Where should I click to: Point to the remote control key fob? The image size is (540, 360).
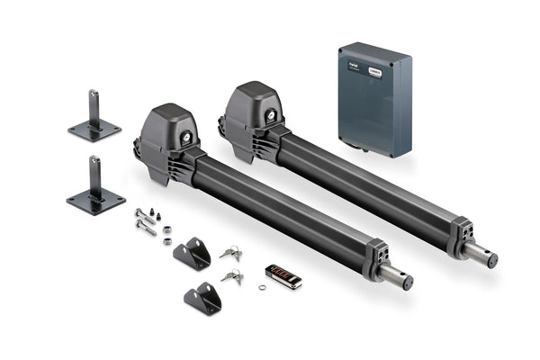coord(283,275)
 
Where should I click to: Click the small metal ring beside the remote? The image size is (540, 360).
coord(262,288)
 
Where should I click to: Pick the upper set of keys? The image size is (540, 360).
coord(229,253)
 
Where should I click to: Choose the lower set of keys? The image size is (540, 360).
coord(231,276)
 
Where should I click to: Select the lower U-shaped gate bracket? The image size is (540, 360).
coord(203,298)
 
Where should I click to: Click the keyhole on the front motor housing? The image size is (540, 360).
coord(186,138)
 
